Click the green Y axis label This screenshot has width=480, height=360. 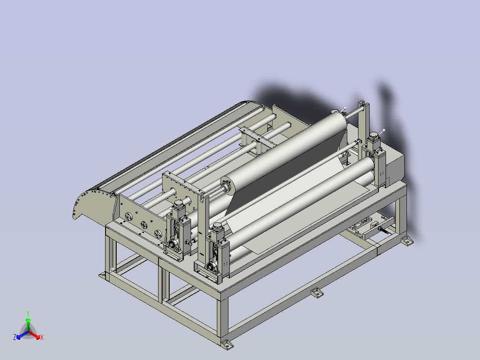coord(28,313)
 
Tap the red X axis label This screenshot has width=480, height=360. coord(42,337)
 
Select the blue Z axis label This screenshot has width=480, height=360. coord(15,337)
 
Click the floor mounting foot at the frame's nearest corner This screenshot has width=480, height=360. coord(227,344)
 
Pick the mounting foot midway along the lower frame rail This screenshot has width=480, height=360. coord(317,293)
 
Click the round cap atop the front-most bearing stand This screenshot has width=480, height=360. coord(217,226)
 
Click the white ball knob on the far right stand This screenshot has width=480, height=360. coord(383,131)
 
